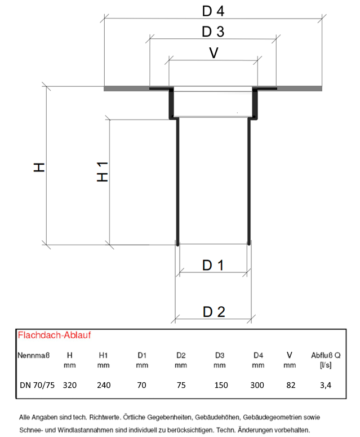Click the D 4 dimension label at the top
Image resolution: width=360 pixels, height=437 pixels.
[213, 11]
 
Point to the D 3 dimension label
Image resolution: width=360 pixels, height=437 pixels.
[213, 32]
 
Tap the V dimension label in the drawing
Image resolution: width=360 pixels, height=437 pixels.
[214, 52]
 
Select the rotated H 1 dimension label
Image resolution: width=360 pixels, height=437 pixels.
[102, 171]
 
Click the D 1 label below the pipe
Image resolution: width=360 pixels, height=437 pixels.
[213, 265]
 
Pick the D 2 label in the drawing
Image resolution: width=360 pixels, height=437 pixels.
[214, 312]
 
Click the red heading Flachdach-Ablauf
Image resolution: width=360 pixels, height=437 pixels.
[54, 335]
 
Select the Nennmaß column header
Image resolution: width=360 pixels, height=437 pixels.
[33, 355]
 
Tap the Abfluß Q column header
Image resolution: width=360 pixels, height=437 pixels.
[326, 355]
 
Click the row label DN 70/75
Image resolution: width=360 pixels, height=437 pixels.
[37, 385]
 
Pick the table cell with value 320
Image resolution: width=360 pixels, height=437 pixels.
[70, 385]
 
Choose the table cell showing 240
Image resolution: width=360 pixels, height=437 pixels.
[104, 385]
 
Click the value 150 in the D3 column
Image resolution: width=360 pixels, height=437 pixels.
[221, 385]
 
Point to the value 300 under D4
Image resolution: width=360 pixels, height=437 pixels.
[257, 385]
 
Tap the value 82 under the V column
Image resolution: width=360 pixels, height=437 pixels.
[291, 385]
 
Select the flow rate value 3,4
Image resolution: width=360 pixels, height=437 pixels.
[326, 385]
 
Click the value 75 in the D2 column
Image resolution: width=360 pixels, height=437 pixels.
[181, 385]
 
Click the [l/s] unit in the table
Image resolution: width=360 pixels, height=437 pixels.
[326, 365]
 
